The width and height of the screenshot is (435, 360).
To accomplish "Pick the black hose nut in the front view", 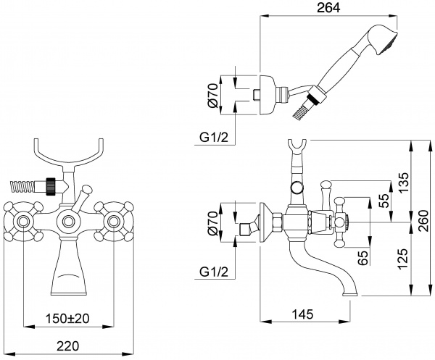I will pyautogui.click(x=51, y=185).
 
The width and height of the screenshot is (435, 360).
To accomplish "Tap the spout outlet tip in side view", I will pyautogui.click(x=349, y=293).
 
